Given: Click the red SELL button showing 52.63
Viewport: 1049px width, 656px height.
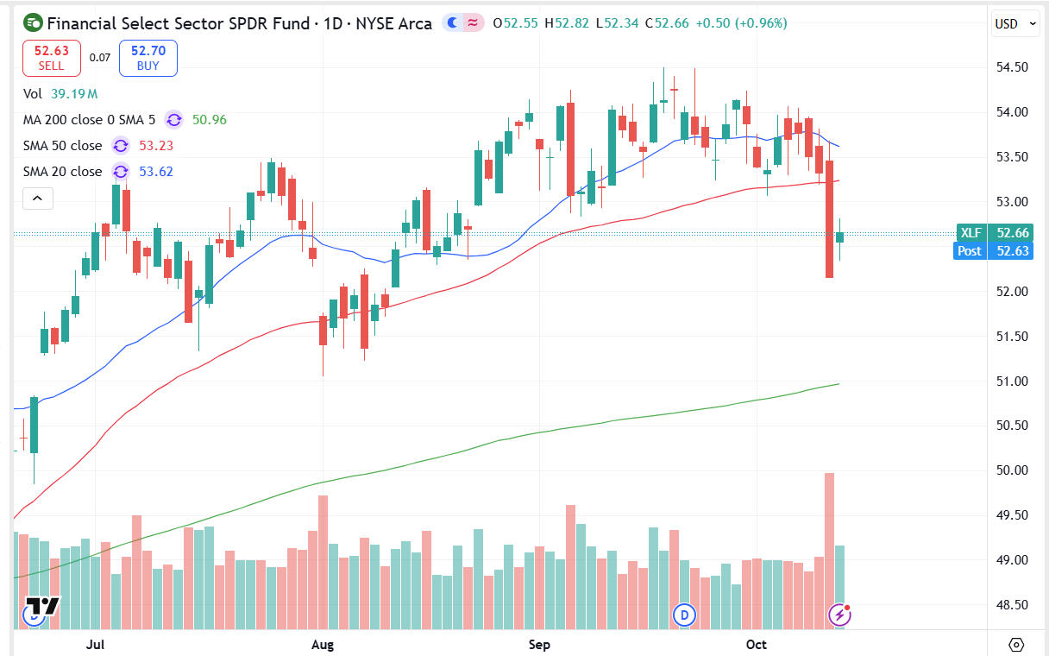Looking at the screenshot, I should [52, 58].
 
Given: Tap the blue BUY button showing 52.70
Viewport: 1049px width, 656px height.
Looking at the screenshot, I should [148, 58].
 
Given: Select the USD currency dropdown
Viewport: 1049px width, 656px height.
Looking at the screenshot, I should [1015, 24].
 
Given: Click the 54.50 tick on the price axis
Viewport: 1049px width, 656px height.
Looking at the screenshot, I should [1008, 67].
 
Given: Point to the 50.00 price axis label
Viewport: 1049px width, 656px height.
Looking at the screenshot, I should [1008, 470].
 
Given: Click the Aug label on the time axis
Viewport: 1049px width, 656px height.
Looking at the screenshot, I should [322, 645].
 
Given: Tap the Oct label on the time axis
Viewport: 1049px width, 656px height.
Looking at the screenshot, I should [757, 645].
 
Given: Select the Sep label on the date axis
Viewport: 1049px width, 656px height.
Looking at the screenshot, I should [539, 645].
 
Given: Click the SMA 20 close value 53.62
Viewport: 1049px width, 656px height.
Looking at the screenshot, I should [156, 172].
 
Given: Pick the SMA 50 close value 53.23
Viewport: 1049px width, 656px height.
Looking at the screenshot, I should [156, 146].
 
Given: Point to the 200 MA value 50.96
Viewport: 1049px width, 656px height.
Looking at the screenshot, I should [210, 120].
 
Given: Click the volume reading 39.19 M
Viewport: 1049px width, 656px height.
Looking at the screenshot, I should [73, 94].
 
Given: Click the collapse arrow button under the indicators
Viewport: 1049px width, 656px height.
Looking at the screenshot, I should [38, 199].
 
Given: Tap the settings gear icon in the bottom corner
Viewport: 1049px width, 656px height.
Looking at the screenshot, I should [1016, 645].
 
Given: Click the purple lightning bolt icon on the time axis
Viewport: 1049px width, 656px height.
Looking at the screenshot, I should [839, 615].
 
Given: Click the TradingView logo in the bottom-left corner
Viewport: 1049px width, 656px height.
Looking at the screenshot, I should [41, 606].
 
